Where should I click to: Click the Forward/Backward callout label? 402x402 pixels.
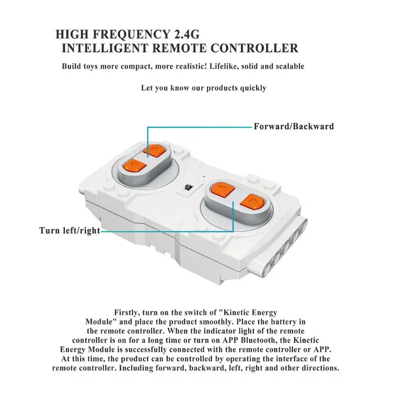[x=293, y=126]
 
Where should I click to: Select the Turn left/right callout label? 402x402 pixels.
[x=69, y=231]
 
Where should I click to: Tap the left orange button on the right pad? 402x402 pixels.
[x=221, y=190]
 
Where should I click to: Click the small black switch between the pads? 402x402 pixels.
[x=188, y=187]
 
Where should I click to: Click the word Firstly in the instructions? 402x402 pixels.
[x=129, y=313]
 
